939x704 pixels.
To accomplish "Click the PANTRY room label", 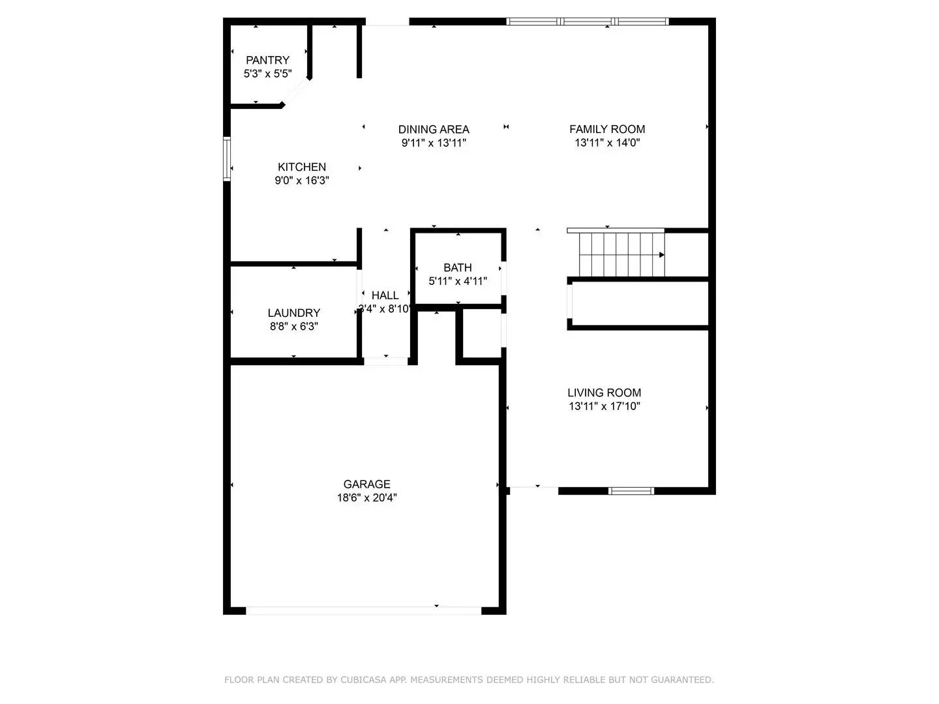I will (x=267, y=60).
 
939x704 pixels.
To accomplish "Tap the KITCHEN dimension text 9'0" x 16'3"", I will (x=301, y=181).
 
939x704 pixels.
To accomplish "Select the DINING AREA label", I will (x=434, y=129).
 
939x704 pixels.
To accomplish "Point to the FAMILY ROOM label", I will (x=607, y=129).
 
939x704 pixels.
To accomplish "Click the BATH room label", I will (x=457, y=267).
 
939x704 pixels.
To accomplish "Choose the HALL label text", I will (x=385, y=295).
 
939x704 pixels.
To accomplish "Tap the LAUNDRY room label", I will (x=293, y=313).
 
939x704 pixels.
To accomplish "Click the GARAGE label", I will (x=366, y=484).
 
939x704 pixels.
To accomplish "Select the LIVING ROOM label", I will (x=604, y=392).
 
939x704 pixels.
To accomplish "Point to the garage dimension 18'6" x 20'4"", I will (x=366, y=498).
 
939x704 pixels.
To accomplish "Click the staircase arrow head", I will (x=662, y=255).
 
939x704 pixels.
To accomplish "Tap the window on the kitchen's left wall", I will (x=227, y=158).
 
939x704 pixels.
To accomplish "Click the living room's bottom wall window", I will (x=631, y=491).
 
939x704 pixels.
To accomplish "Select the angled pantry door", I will (x=296, y=92).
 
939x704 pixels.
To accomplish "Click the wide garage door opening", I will (x=363, y=611).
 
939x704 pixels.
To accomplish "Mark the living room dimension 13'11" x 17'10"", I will (x=604, y=406).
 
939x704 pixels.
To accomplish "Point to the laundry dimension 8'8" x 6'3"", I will (x=293, y=327).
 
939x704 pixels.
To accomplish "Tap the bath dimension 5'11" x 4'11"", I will (x=457, y=282).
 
